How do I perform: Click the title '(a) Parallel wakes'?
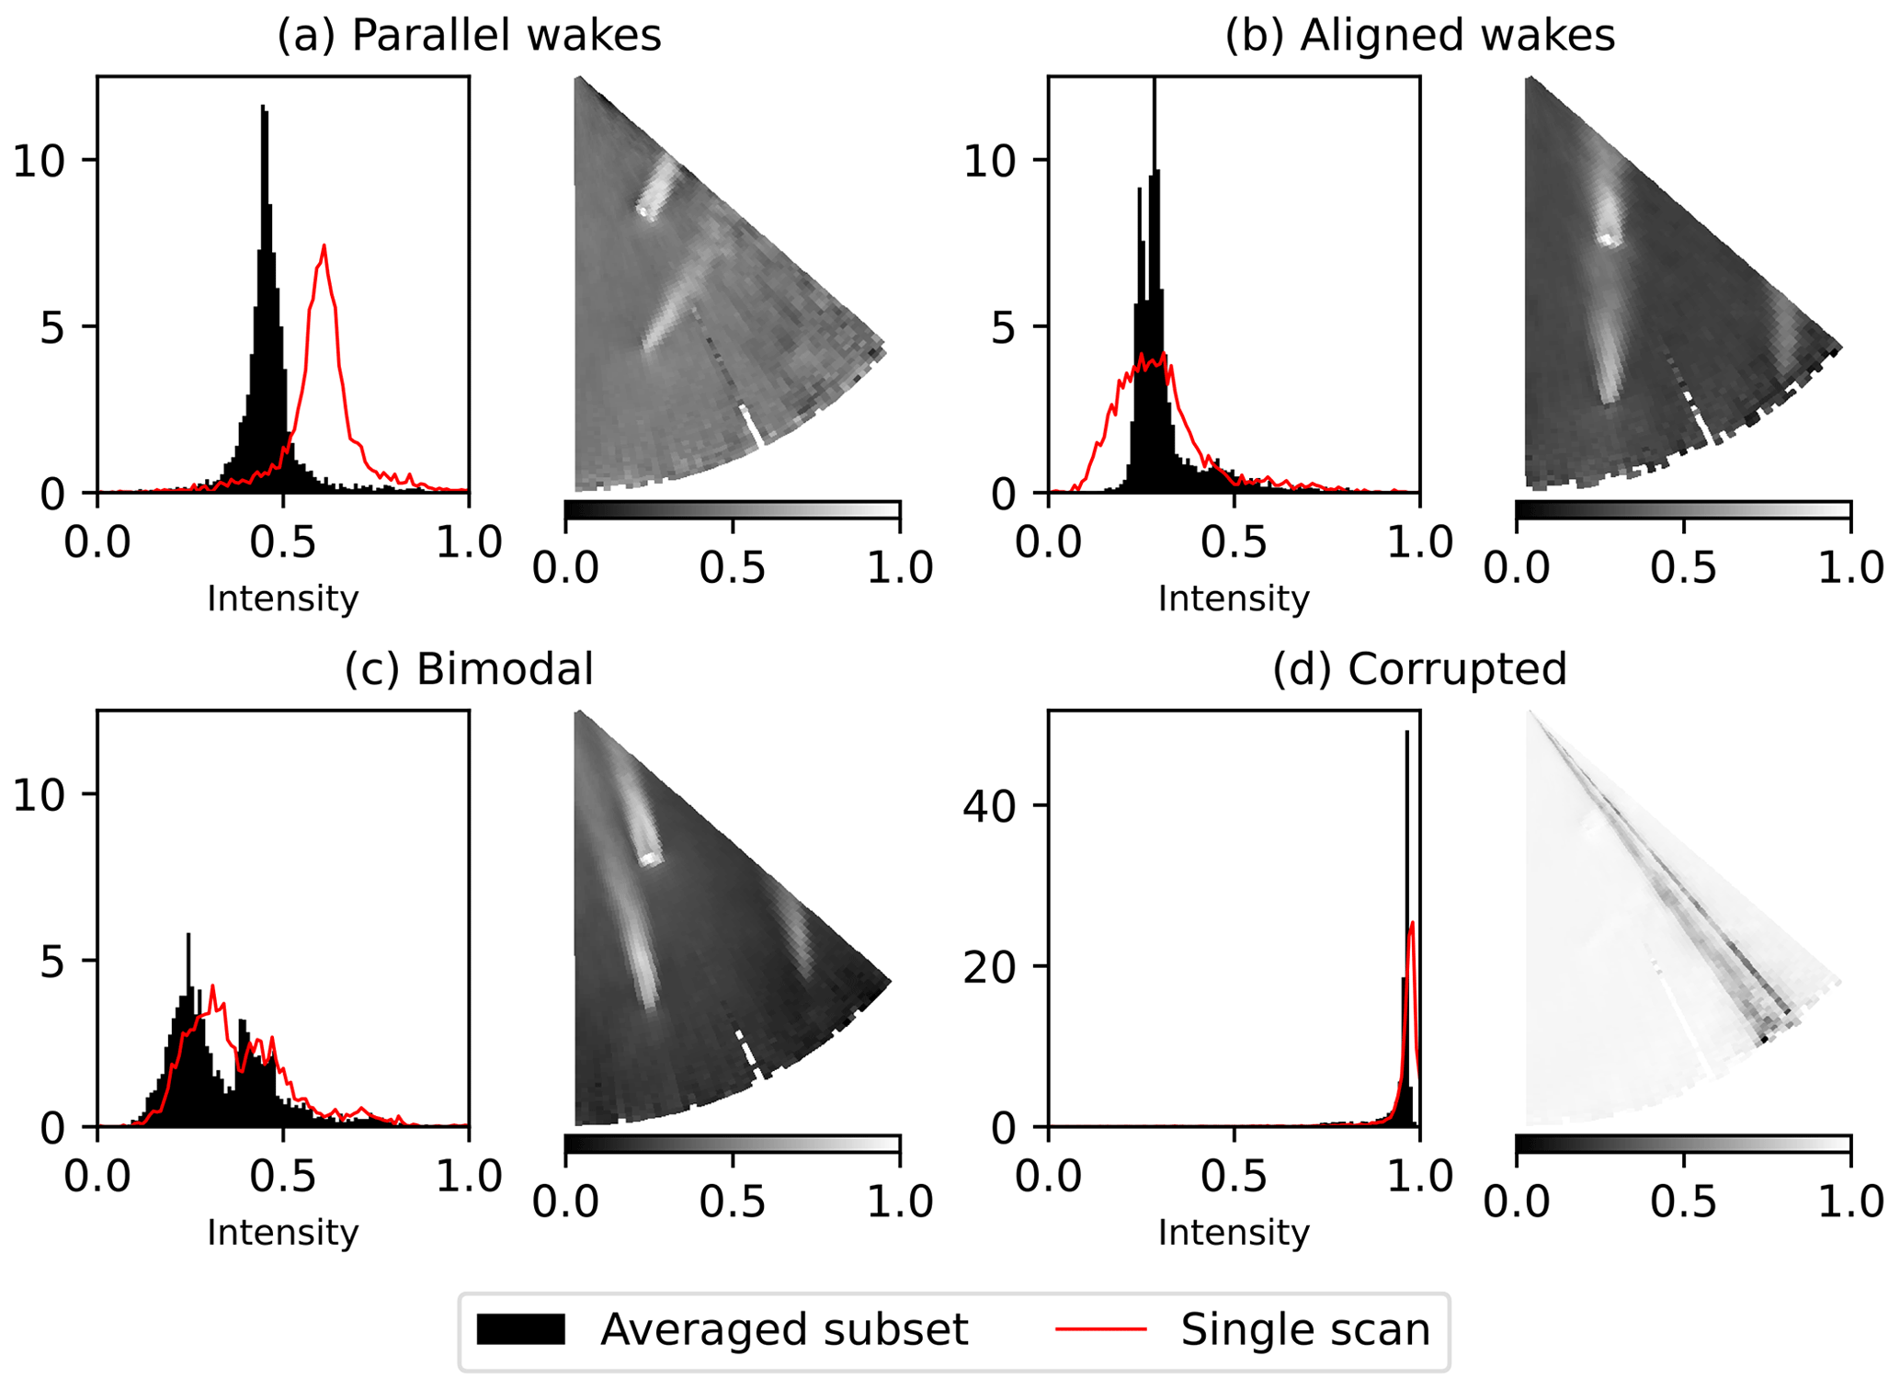point(469,36)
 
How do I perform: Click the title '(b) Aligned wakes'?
point(1419,36)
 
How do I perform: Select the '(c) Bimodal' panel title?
point(469,669)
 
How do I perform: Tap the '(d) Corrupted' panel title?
point(1419,669)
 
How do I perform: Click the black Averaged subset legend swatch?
point(520,1329)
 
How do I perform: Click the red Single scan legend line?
point(1101,1329)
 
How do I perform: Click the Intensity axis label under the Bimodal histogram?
point(282,1233)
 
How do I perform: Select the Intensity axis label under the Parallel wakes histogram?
point(282,599)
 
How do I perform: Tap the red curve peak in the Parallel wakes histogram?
point(324,246)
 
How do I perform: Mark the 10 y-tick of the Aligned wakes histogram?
point(993,161)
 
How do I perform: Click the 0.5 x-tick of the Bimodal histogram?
point(283,1178)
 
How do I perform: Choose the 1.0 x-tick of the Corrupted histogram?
point(1419,1178)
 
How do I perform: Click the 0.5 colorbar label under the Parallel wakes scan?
point(733,569)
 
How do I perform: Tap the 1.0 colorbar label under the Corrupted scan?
point(1849,1202)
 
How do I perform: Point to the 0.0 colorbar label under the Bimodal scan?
point(565,1202)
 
